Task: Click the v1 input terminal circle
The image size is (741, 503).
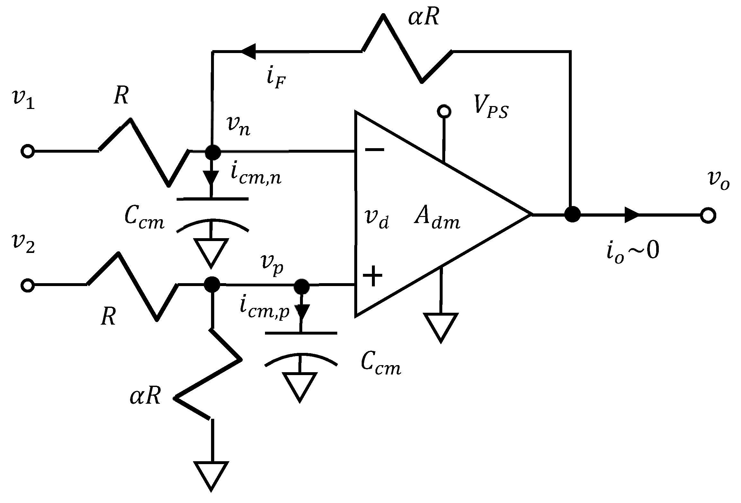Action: click(x=27, y=151)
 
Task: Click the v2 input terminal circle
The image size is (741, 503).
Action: click(x=27, y=285)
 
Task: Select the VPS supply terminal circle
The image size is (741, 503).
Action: click(x=444, y=111)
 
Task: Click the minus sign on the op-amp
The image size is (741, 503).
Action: click(x=374, y=149)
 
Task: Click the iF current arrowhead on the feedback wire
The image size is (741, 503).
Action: click(x=248, y=51)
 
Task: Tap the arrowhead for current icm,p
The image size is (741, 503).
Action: click(x=301, y=312)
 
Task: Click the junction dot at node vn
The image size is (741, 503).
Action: click(x=212, y=152)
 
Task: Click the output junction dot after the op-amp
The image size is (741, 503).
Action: click(x=572, y=214)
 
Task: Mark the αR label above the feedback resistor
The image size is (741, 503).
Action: click(x=423, y=18)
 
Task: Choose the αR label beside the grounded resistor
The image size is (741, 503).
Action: click(x=145, y=397)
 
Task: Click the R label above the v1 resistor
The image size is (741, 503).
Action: click(x=121, y=95)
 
